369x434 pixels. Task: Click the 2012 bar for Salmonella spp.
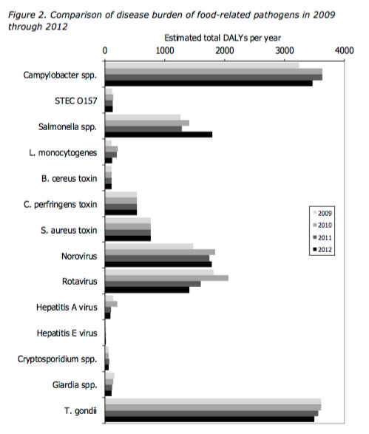click(158, 135)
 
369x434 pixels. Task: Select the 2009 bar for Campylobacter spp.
click(202, 66)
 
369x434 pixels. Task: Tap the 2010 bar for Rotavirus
click(166, 278)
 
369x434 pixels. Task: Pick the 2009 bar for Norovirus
click(149, 246)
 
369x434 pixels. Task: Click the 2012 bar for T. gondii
click(209, 419)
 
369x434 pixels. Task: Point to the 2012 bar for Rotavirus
click(147, 290)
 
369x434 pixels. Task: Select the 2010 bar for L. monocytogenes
click(111, 149)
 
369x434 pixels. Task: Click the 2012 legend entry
click(322, 250)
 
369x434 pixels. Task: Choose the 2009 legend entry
click(322, 213)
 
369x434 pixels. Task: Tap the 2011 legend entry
click(322, 237)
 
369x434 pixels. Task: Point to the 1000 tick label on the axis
click(165, 51)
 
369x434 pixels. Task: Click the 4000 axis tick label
click(344, 51)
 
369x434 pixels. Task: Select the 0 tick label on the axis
click(105, 51)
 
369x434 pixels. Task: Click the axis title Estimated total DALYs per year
click(223, 38)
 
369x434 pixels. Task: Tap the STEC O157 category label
click(76, 101)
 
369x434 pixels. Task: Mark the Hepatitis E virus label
click(67, 333)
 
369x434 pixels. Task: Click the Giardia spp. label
click(75, 385)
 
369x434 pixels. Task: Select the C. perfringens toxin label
click(61, 205)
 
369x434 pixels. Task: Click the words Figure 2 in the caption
click(27, 15)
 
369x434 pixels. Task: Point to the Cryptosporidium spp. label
click(57, 359)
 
